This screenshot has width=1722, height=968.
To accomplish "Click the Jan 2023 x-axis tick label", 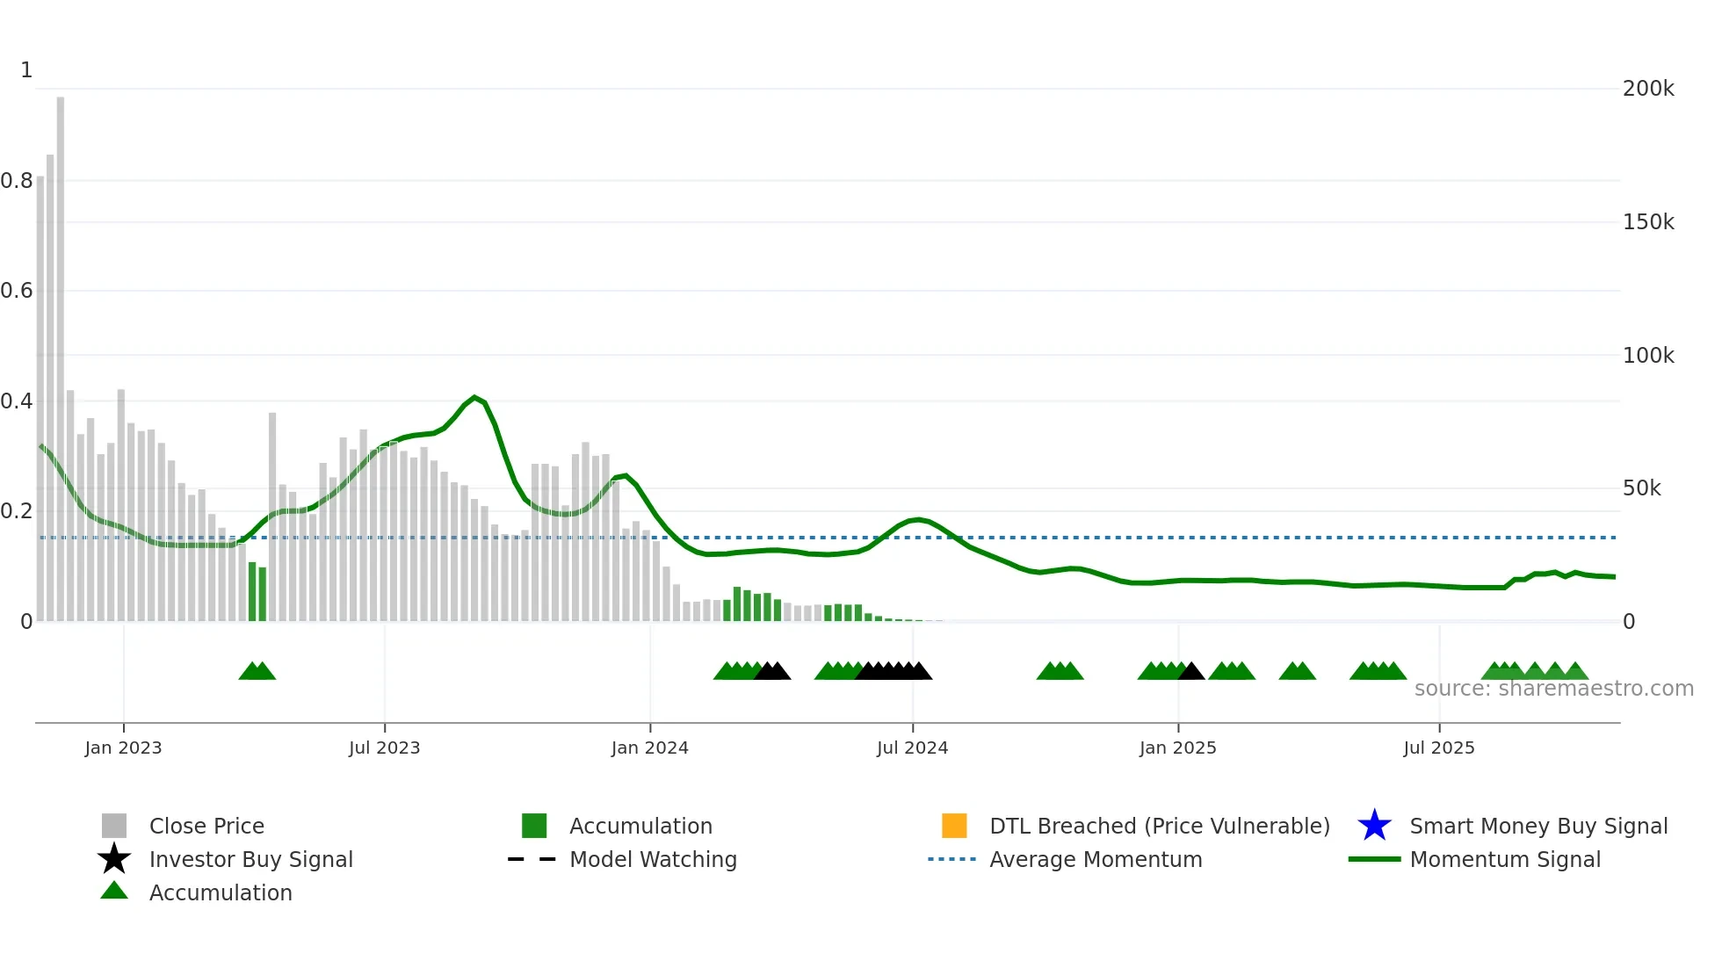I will tap(123, 748).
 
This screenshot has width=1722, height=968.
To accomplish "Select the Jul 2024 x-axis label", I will tap(912, 748).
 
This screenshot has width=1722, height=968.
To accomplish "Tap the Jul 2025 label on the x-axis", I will tap(1438, 748).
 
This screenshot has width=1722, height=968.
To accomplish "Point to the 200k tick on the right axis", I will tap(1647, 89).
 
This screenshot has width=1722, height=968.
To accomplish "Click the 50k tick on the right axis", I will tap(1641, 488).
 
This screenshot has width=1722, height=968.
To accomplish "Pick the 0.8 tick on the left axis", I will tap(17, 181).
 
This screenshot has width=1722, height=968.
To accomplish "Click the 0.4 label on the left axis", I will tap(17, 401).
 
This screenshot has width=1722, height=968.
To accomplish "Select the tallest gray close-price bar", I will tap(61, 351).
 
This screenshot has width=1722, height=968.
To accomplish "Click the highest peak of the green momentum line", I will tap(474, 398).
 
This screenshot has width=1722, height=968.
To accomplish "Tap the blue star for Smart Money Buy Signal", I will tap(1374, 826).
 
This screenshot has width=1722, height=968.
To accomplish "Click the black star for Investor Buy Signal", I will tap(114, 859).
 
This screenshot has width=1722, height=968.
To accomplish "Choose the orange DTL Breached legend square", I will tap(954, 826).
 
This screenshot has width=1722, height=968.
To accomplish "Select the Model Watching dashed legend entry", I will tap(532, 859).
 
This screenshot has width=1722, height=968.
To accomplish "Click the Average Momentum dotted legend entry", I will tap(951, 859).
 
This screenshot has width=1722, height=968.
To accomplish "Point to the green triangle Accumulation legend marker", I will tap(114, 891).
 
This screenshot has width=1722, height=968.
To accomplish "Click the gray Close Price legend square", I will tap(114, 826).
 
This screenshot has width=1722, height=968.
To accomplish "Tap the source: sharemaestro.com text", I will tap(1553, 689).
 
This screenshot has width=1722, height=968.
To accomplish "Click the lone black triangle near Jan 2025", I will tap(1191, 672).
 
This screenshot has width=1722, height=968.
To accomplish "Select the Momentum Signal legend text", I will tap(1504, 859).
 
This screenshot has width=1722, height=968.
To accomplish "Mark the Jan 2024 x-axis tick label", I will tap(649, 748).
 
